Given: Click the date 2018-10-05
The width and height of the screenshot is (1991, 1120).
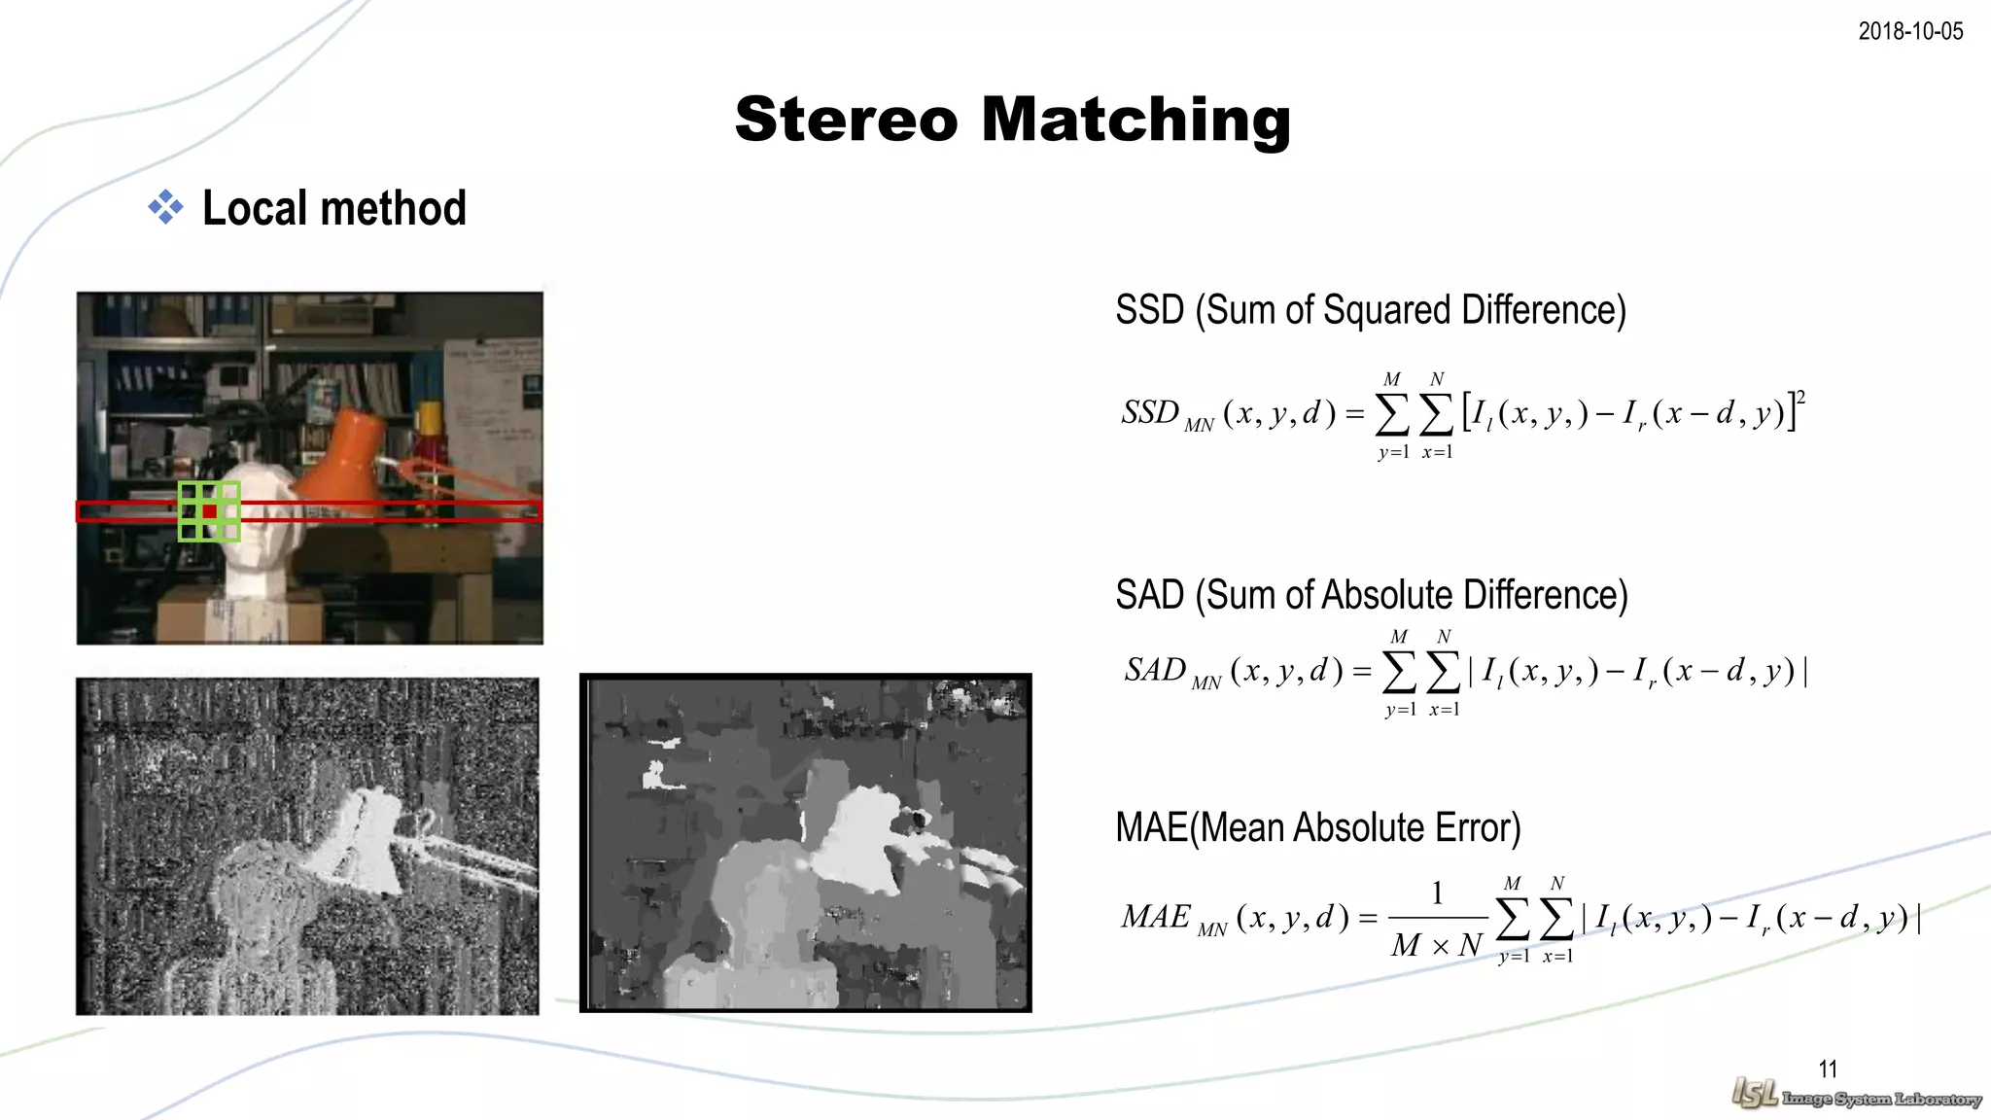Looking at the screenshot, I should (x=1910, y=31).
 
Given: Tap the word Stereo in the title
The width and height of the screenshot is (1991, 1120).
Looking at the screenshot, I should (x=846, y=121).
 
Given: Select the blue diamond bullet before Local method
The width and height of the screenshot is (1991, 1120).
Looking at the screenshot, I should (x=165, y=207).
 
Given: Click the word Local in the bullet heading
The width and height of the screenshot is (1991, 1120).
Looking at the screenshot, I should (x=254, y=208).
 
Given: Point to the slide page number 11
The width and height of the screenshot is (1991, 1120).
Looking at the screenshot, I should (x=1828, y=1069).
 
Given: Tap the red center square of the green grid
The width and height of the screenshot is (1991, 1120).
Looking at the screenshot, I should (x=209, y=511).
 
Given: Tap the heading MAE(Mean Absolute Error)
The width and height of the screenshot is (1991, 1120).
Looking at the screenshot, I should (x=1317, y=827).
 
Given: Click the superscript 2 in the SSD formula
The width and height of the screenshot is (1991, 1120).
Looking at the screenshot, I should (x=1800, y=397).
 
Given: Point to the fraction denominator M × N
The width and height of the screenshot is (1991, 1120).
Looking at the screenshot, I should (x=1437, y=945).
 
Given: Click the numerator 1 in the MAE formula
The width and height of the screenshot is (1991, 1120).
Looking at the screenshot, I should (x=1437, y=892).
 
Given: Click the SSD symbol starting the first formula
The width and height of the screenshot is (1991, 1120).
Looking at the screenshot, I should (x=1150, y=412).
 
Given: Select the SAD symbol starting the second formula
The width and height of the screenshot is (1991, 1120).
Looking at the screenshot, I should (x=1155, y=670).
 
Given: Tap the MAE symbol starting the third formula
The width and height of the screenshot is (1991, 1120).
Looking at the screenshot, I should (x=1155, y=917).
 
